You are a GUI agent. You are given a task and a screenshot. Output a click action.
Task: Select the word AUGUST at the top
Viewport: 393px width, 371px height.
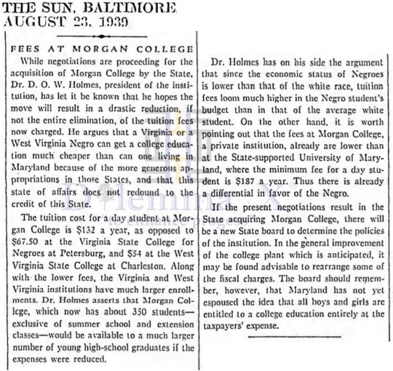28,22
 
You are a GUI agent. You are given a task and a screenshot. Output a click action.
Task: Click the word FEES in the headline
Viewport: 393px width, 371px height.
25,45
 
